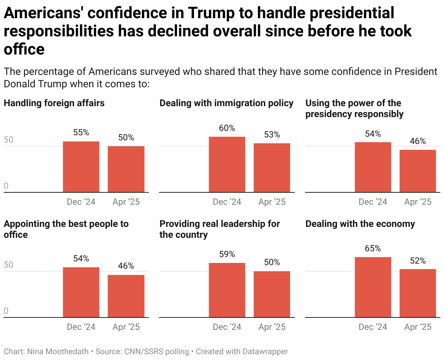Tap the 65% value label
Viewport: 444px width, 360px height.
[373, 249]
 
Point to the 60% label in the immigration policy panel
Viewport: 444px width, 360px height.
[227, 128]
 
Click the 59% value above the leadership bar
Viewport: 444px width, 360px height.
[227, 255]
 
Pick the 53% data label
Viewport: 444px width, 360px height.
[272, 135]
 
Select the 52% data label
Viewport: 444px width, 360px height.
[418, 261]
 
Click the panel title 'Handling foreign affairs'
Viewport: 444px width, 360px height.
[54, 103]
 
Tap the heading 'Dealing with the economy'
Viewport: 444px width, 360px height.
[360, 224]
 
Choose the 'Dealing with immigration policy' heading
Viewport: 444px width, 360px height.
[226, 103]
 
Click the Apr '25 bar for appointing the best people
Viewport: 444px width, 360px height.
[126, 296]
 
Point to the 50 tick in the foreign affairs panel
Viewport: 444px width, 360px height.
[8, 140]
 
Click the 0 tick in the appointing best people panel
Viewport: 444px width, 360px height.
[6, 311]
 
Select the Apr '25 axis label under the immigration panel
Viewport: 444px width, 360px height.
[272, 202]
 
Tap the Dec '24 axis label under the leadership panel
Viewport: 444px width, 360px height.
[227, 327]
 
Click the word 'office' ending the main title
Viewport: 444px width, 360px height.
[24, 49]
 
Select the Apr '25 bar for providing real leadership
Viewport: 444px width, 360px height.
[272, 294]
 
